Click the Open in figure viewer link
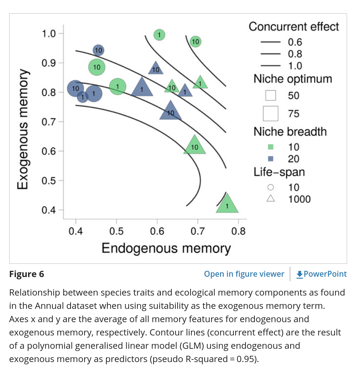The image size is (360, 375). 244,274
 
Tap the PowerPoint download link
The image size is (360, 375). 321,274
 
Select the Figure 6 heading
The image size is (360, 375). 27,274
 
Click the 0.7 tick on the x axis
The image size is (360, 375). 198,232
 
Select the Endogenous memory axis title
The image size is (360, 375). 166,248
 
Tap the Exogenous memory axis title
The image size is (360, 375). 23,129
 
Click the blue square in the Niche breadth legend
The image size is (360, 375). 270,158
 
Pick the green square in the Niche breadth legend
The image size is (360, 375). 270,147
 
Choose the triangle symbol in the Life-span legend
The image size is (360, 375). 270,199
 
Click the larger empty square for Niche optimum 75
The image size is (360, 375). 270,113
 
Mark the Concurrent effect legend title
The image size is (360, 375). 294,27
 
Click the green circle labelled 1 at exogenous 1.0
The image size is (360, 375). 159,35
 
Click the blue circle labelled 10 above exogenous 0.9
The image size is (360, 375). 98,50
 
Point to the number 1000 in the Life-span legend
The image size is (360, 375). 299,199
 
